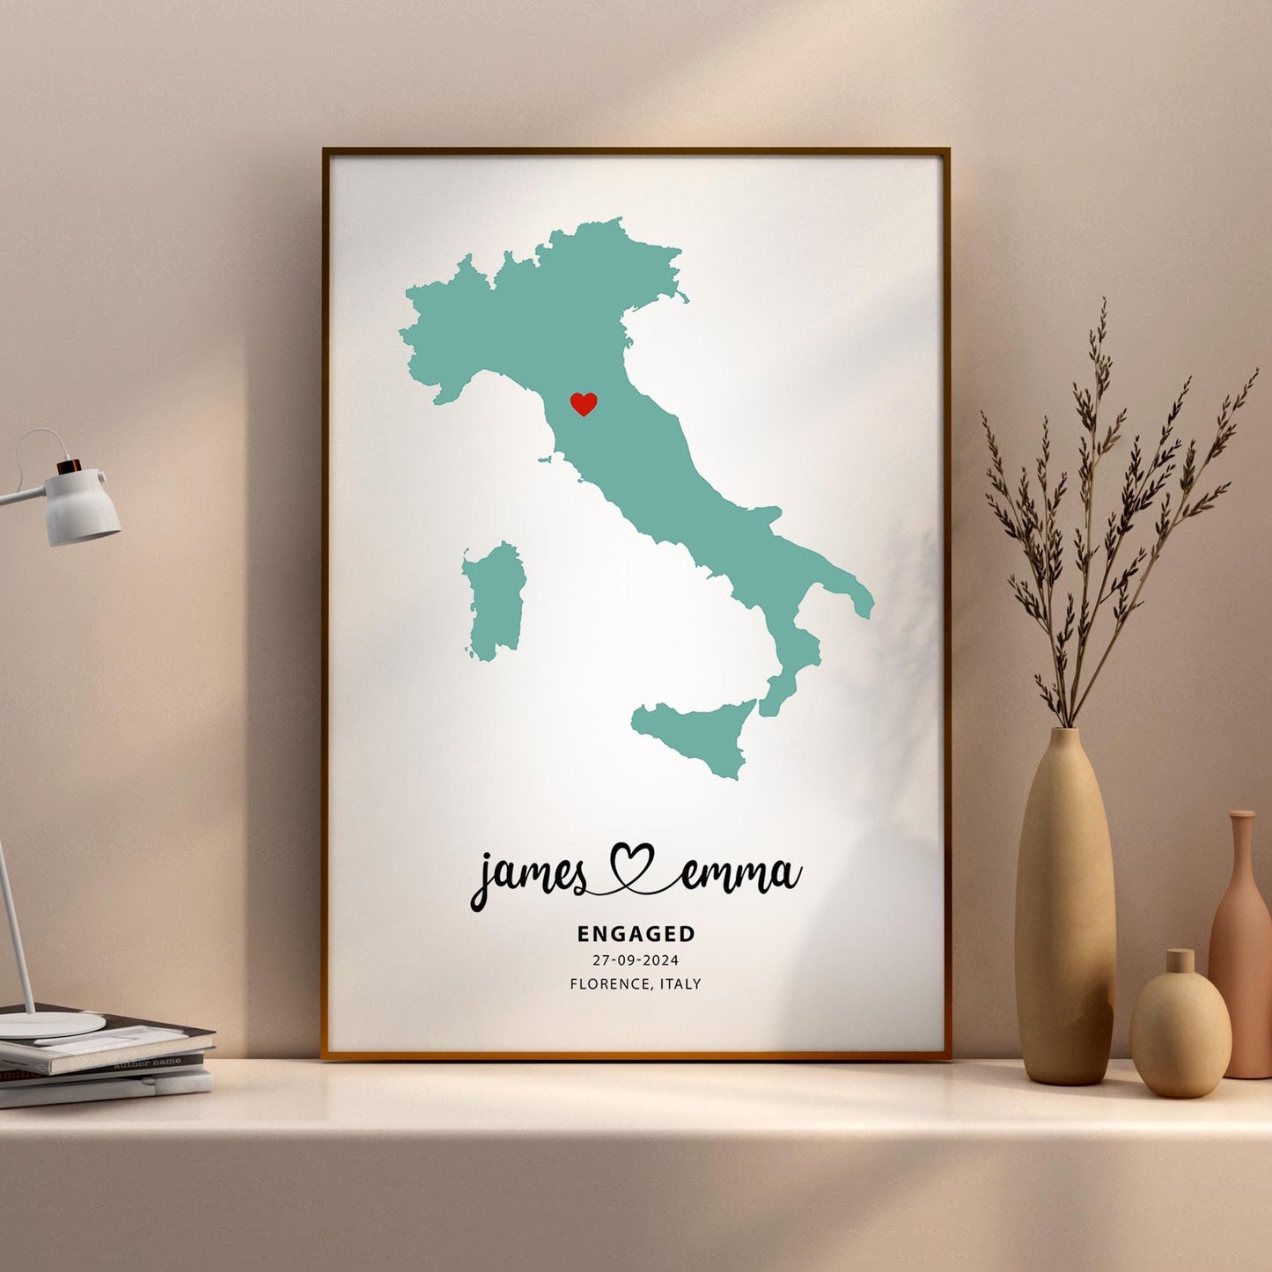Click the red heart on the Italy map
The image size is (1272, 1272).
pos(583,404)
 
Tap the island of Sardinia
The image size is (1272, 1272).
pos(495,602)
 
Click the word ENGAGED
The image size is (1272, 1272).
pos(636,933)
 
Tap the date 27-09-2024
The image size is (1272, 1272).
pos(636,960)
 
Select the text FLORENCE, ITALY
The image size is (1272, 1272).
pos(636,983)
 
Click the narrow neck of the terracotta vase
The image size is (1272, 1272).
pos(1242,845)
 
